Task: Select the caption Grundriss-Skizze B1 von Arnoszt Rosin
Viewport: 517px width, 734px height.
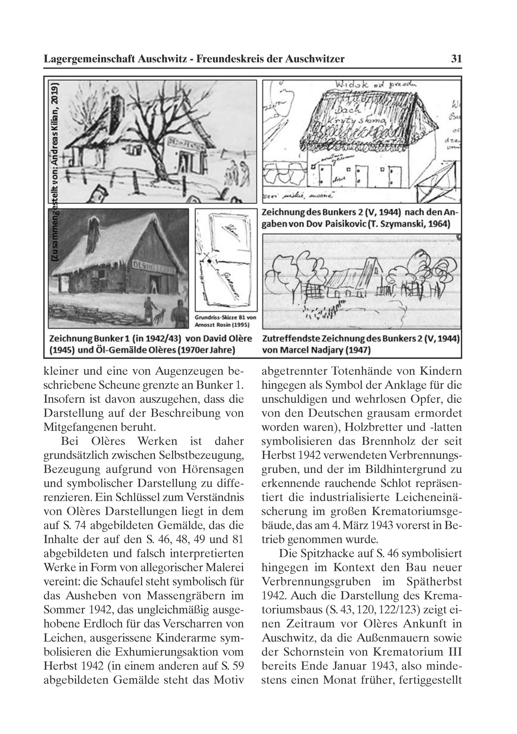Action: coord(226,321)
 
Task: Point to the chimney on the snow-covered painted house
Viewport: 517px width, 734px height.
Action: coord(94,232)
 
